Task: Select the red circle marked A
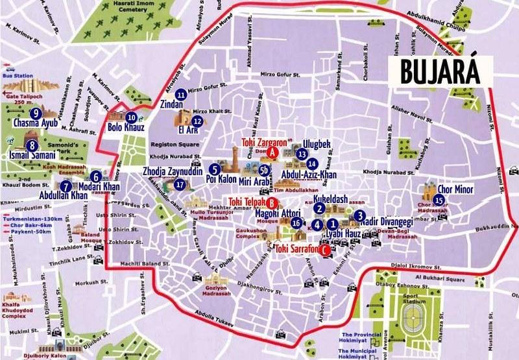pos(273,152)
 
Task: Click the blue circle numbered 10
pos(132,117)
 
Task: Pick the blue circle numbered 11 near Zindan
pos(181,95)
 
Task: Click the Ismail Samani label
pos(31,156)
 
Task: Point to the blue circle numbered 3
pos(359,217)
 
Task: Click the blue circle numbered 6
pos(95,176)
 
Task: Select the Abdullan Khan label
pos(45,195)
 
